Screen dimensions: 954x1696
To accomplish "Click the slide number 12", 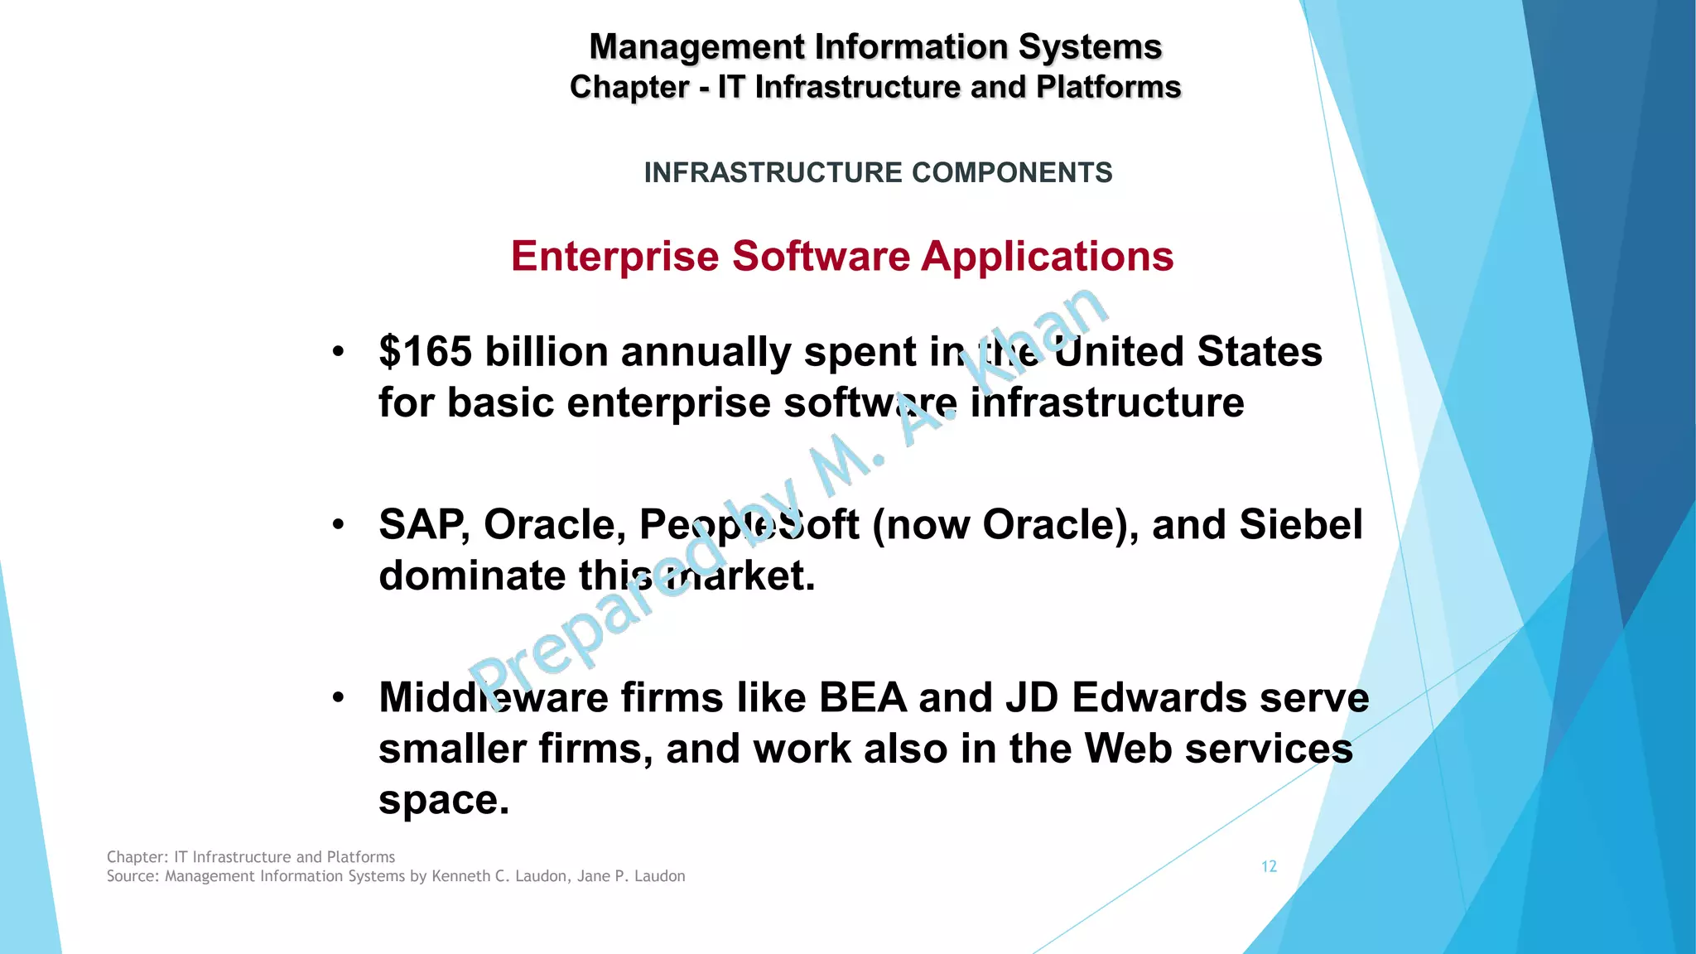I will [x=1269, y=866].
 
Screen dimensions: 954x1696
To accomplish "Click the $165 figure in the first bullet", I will [x=426, y=352].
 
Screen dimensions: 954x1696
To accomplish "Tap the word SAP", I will [x=422, y=525].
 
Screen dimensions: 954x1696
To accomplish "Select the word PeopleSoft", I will [x=749, y=525].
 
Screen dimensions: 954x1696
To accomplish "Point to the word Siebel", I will [x=1301, y=525].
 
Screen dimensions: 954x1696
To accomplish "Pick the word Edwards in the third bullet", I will [x=1160, y=698].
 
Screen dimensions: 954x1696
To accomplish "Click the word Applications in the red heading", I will [x=1048, y=256].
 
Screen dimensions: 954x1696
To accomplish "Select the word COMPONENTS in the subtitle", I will [x=1012, y=172].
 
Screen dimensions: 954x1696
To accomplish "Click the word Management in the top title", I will [x=696, y=47].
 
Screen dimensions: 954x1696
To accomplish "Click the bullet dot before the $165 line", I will [x=338, y=352].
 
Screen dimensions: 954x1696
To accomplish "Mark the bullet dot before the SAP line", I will [x=338, y=525].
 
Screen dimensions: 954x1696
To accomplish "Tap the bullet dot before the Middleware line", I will [x=338, y=698].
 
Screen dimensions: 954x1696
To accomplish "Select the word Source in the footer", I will [x=130, y=876].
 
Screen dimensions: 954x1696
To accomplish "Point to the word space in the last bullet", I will [x=443, y=800].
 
